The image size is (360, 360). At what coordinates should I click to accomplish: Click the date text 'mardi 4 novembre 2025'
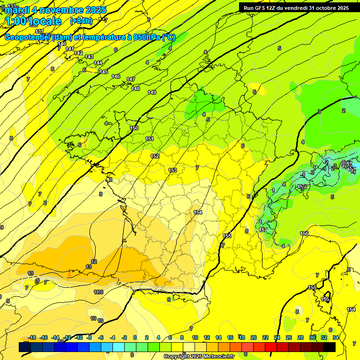[x=56, y=10]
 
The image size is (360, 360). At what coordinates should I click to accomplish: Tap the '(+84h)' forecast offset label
[x=81, y=21]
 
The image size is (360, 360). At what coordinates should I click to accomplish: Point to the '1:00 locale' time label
[x=33, y=22]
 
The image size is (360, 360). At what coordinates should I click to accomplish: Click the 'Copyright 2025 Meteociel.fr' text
[x=199, y=356]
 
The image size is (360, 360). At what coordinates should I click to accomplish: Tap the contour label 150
[x=134, y=128]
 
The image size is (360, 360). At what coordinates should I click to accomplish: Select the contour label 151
[x=150, y=139]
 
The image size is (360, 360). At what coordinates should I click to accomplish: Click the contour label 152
[x=155, y=156]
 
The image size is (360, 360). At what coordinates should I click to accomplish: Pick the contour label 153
[x=172, y=170]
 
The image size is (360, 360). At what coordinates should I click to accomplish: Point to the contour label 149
[x=152, y=92]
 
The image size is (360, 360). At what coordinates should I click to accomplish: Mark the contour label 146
[x=116, y=76]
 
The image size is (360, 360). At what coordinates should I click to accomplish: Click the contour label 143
[x=89, y=57]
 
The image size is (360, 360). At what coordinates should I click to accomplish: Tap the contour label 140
[x=62, y=44]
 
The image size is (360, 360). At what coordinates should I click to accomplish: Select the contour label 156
[x=304, y=233]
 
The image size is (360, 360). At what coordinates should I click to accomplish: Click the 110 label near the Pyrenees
[x=98, y=292]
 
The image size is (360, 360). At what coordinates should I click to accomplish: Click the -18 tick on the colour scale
[x=32, y=337]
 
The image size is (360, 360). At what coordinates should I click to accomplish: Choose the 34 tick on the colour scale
[x=336, y=337]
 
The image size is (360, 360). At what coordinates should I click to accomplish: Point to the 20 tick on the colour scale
[x=254, y=337]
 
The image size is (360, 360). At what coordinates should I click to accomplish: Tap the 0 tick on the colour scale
[x=135, y=337]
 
